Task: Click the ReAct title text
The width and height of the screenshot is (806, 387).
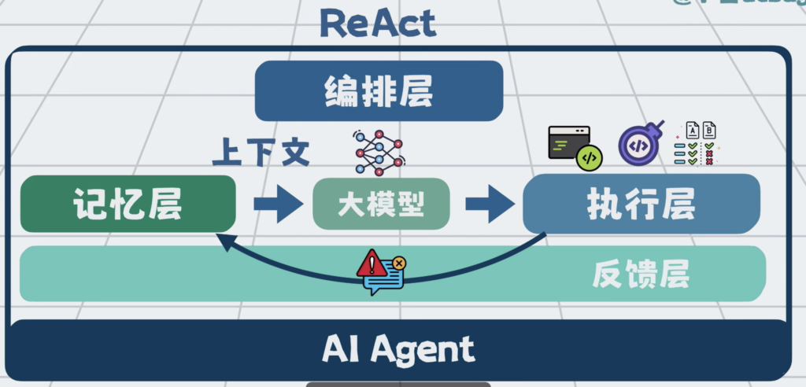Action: click(377, 24)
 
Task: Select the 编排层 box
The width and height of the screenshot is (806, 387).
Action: click(379, 91)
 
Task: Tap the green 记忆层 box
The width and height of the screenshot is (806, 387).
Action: click(128, 205)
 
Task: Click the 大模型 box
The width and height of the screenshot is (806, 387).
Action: click(381, 205)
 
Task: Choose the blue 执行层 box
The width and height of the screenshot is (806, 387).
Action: click(641, 205)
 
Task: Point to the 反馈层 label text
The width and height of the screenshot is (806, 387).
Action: click(641, 275)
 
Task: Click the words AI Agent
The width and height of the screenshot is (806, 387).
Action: click(398, 348)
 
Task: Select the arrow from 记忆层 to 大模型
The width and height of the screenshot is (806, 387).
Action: click(277, 205)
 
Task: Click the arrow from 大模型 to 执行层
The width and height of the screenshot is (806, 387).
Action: click(488, 205)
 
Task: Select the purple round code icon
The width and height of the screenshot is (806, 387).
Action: click(639, 144)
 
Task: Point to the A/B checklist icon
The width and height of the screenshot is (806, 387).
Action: click(698, 143)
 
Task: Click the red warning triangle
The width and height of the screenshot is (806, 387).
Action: click(372, 264)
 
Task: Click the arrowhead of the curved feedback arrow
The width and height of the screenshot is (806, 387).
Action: click(225, 242)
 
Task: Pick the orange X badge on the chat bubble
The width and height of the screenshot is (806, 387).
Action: click(399, 263)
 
